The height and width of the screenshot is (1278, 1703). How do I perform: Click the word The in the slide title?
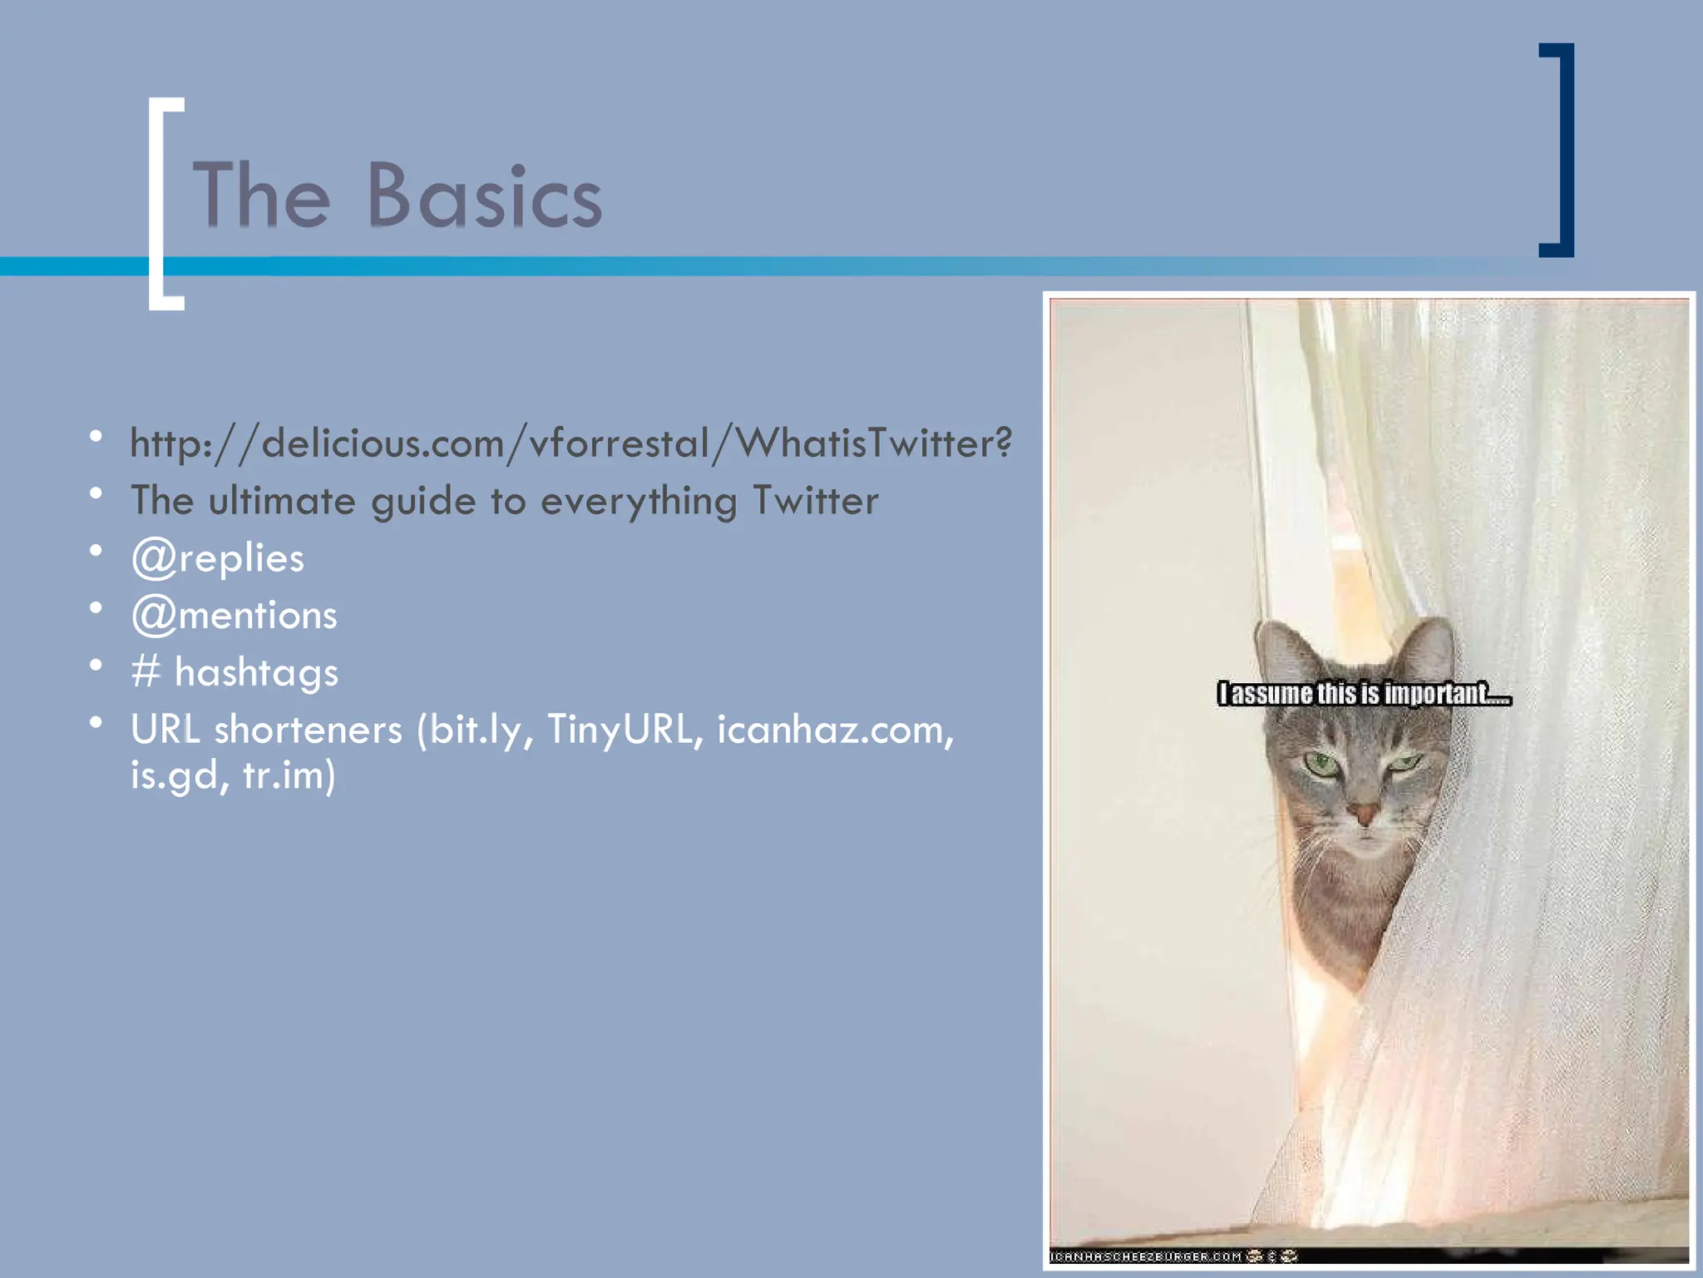[x=262, y=196]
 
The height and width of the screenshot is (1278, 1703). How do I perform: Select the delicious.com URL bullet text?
[x=570, y=443]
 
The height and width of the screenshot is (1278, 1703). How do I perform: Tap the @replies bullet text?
[x=218, y=558]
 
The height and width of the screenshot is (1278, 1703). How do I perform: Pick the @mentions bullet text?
[x=234, y=616]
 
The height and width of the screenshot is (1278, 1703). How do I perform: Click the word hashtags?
[x=256, y=672]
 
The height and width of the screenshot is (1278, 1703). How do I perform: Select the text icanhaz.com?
[x=834, y=730]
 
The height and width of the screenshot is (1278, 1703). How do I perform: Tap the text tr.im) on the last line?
[x=289, y=775]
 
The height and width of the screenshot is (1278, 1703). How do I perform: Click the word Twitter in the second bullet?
[x=815, y=501]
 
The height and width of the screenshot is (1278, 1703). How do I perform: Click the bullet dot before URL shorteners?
[x=96, y=722]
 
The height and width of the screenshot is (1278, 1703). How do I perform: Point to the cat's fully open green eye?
[x=1320, y=763]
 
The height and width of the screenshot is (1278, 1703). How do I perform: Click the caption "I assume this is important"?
[x=1364, y=693]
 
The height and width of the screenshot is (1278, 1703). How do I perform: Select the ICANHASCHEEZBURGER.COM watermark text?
[x=1146, y=1256]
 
